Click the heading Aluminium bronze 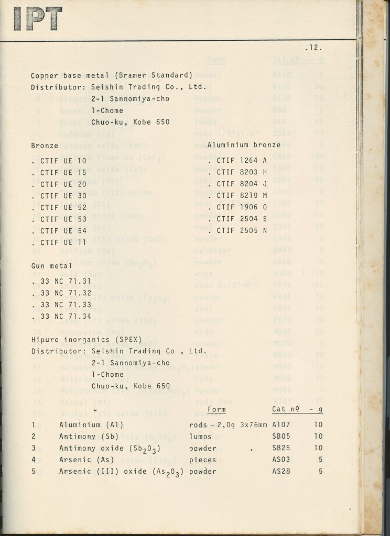(244, 145)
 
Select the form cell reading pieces (202, 460)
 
